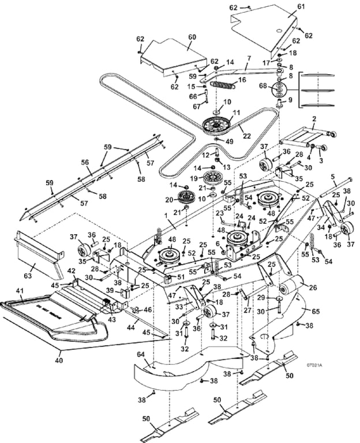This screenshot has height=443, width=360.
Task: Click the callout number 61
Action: [x=300, y=6]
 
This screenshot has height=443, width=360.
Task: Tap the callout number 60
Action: [x=192, y=37]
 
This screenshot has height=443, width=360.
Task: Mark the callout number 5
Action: [x=333, y=177]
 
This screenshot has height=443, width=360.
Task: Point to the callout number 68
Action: [x=264, y=87]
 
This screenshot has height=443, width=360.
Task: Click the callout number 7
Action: [x=248, y=58]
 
